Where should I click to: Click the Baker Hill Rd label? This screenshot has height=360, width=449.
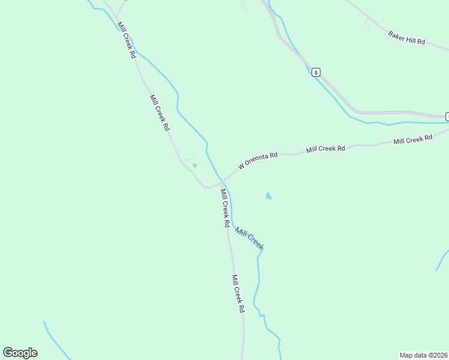406,38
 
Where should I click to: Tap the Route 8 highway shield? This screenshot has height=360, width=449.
316,72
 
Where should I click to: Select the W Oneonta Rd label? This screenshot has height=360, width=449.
258,160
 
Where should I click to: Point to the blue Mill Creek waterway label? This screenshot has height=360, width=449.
249,238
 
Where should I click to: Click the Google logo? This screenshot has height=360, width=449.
20,352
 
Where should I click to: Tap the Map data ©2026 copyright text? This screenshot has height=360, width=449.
423,355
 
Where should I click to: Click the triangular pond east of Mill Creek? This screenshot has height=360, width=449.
268,196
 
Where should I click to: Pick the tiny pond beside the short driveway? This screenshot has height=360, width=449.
194,166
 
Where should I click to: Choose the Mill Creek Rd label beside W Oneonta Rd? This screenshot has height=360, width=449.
326,148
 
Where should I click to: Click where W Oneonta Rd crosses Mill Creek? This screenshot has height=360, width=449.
223,181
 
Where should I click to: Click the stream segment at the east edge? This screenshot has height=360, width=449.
442,260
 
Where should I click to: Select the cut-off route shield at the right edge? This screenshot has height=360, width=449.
447,116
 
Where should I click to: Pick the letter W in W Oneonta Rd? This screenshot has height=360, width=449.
241,166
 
